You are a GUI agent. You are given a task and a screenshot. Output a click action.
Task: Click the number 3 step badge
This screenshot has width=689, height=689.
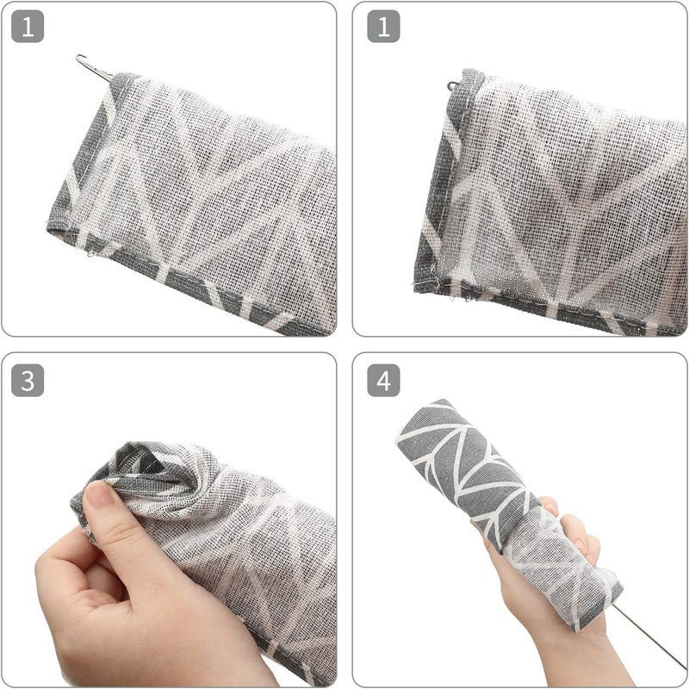pyautogui.click(x=28, y=381)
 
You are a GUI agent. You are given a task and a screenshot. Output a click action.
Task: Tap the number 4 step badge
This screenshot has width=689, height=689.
pyautogui.click(x=383, y=381)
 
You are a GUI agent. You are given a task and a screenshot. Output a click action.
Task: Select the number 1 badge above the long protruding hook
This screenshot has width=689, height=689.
pyautogui.click(x=28, y=27)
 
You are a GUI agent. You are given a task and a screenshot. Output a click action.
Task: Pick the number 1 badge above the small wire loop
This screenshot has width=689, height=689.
pyautogui.click(x=383, y=27)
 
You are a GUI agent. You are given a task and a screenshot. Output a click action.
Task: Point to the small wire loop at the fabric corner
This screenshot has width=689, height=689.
pyautogui.click(x=453, y=85)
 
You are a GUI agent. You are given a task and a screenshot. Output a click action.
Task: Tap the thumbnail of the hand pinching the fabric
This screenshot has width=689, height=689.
pyautogui.click(x=101, y=494)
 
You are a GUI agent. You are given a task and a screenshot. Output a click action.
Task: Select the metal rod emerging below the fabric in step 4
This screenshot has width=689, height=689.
pyautogui.click(x=649, y=635)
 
